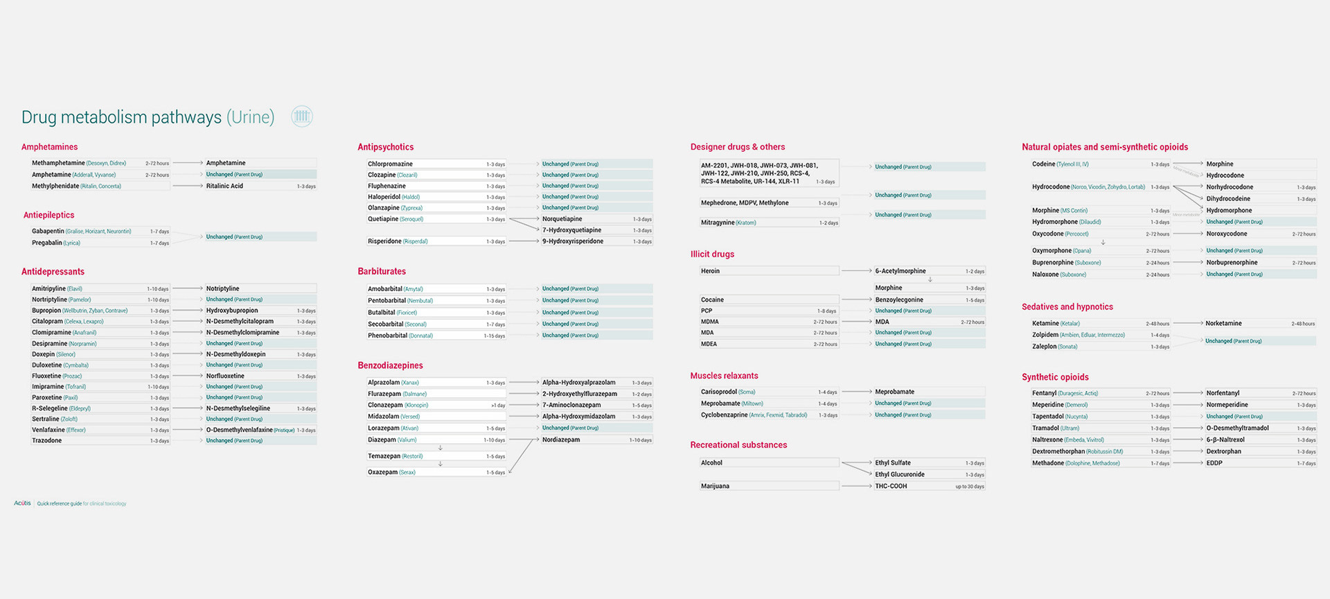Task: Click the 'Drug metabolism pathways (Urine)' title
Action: (148, 117)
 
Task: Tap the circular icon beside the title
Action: (302, 116)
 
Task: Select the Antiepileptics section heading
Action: (48, 215)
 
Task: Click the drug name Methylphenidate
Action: (55, 186)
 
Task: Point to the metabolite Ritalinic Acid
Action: (224, 186)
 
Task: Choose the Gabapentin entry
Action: (48, 231)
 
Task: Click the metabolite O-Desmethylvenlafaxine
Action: (239, 430)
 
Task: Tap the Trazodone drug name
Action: (46, 441)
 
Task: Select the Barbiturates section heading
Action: (382, 271)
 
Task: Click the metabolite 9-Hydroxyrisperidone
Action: (573, 241)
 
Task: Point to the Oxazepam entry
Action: (382, 472)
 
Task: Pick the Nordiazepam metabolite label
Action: (561, 440)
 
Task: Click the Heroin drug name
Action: (710, 271)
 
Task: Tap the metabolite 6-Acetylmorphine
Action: (900, 271)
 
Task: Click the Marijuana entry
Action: (715, 486)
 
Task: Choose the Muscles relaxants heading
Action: (724, 376)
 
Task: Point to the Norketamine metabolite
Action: (1223, 323)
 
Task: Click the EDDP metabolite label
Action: (1214, 463)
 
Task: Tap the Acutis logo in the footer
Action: (22, 503)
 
